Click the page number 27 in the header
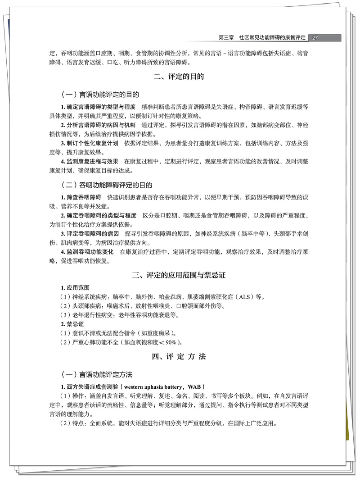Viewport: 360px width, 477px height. [x=315, y=38]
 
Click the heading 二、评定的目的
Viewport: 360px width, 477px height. [x=179, y=77]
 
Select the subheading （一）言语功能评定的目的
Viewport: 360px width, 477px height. [x=100, y=95]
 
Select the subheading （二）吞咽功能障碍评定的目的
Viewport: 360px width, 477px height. [x=106, y=185]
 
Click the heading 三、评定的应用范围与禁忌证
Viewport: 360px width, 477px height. [x=179, y=275]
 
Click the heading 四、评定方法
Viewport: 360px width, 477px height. [x=179, y=357]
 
